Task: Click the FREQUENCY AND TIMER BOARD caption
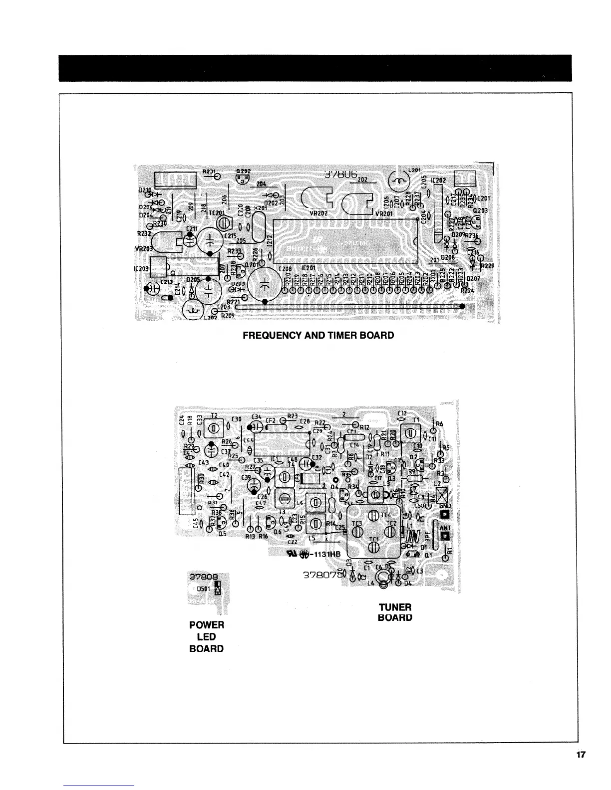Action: pos(318,335)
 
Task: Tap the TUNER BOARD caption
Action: pos(395,612)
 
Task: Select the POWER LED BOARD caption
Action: pos(207,636)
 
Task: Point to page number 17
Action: pos(580,755)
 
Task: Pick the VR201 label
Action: pos(384,214)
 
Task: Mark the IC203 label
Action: pos(142,268)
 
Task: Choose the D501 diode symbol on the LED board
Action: pos(218,590)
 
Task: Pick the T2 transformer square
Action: pos(214,428)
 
